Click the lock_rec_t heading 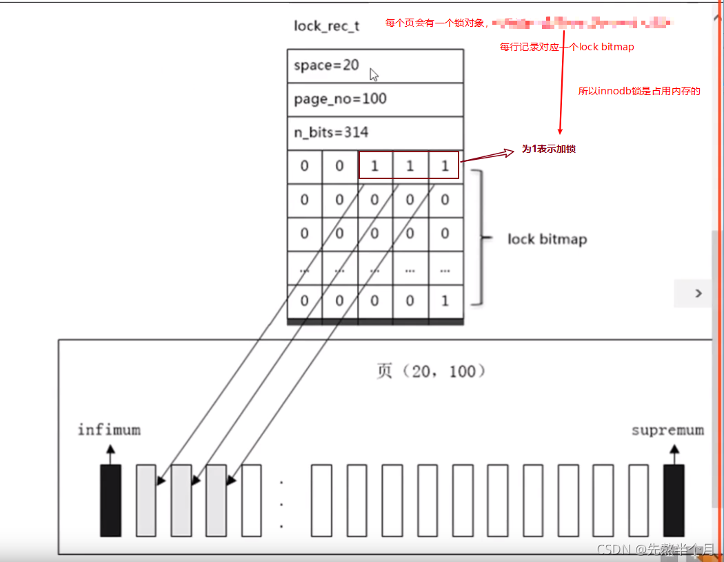coord(326,26)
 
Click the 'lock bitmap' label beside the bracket coord(547,239)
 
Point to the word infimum coord(109,430)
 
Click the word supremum coord(667,430)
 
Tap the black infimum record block coord(110,500)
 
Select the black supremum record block coord(674,500)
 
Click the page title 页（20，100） coord(432,371)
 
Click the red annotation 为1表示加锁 coord(548,149)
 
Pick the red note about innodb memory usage coord(638,91)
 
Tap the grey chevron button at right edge coord(698,293)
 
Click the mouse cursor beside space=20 coord(374,74)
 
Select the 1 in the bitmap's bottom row coord(445,300)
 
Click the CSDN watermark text coord(655,549)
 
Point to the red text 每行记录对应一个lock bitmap coord(567,48)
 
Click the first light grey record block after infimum coord(146,500)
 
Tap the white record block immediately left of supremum coord(638,500)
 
